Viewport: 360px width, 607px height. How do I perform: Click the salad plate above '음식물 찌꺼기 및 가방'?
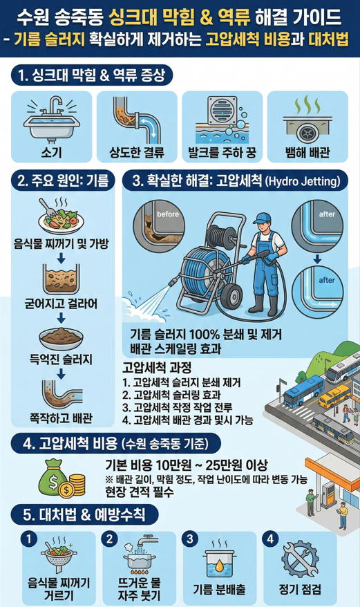click(61, 216)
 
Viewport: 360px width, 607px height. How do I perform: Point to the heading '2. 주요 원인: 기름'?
click(61, 181)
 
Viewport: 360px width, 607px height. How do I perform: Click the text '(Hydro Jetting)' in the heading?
click(301, 182)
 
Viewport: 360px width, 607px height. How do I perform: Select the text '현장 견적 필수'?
click(138, 494)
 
